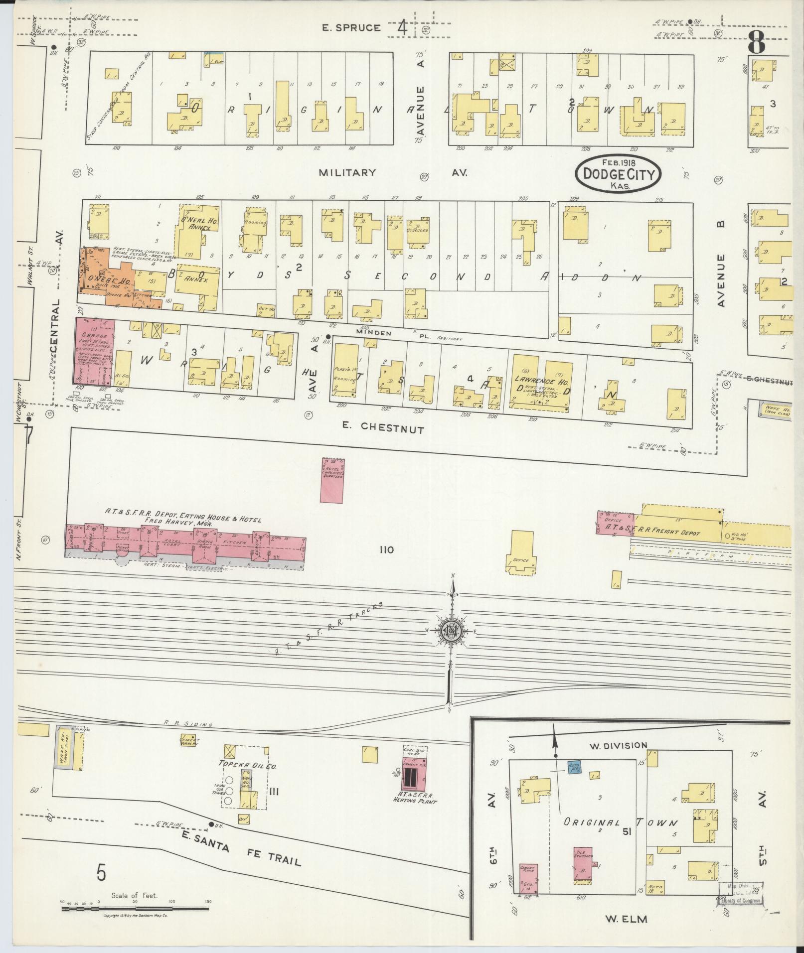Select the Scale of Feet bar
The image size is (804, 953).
click(x=135, y=909)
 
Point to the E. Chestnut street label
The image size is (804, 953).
click(x=382, y=427)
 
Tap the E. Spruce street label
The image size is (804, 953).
click(x=351, y=28)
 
